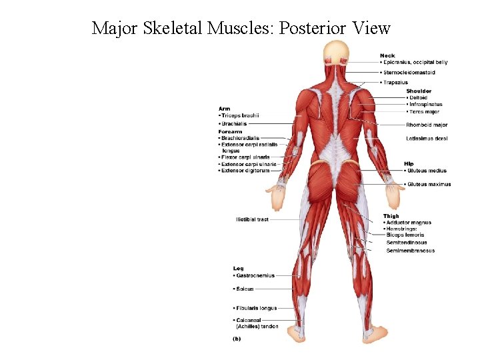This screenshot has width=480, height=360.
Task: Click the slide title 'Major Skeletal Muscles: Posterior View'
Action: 240,28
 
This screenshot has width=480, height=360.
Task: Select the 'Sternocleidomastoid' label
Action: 409,72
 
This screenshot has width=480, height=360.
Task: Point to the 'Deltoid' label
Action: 419,97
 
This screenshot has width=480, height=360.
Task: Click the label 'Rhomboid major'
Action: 427,125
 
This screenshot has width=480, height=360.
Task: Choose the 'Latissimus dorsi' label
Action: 427,139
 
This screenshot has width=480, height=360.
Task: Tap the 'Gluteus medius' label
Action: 427,171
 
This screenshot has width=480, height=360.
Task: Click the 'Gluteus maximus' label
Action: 429,184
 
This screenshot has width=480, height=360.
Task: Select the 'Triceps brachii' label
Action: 240,115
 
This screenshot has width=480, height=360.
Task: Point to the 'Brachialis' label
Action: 235,124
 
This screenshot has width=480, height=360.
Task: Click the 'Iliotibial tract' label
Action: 252,219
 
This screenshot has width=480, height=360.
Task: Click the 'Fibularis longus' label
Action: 256,308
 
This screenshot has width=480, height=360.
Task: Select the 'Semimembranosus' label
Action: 410,251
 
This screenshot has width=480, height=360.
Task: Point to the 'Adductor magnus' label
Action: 409,223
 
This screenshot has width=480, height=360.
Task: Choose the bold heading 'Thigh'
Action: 391,216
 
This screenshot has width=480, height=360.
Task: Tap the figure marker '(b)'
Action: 237,339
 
